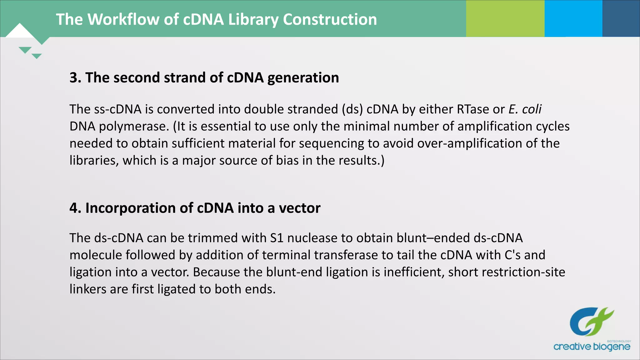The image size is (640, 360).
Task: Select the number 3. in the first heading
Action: [x=75, y=77]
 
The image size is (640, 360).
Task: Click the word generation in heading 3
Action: [x=303, y=77]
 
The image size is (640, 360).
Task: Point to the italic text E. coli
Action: [x=525, y=109]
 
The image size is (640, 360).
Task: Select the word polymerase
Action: [x=134, y=126]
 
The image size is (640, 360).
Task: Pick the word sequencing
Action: [x=331, y=143]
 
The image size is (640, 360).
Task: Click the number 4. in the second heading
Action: [x=75, y=208]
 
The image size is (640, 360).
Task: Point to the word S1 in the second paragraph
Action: [x=277, y=238]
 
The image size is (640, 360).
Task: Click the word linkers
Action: [x=88, y=289]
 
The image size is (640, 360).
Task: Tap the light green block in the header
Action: [x=505, y=18]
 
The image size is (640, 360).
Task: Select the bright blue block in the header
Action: [x=573, y=18]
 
